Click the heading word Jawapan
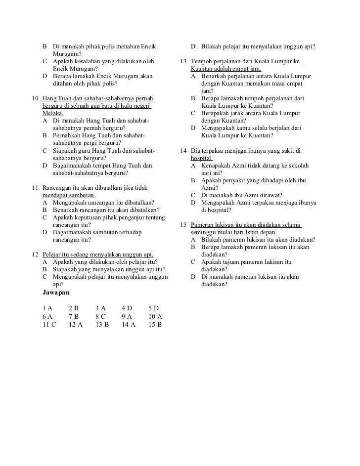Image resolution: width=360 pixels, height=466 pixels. click(56, 293)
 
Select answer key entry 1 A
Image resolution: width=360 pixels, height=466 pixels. click(47, 308)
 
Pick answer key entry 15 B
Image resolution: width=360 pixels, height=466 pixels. click(155, 325)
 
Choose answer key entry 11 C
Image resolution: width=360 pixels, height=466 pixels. click(49, 325)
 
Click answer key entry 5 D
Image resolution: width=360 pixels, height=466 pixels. click(153, 308)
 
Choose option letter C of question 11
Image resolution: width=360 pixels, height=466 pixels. click(45, 217)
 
